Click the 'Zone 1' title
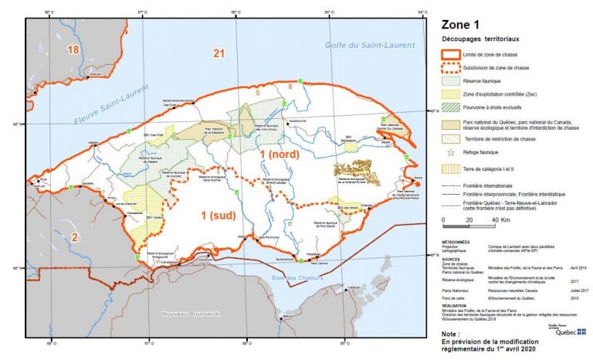pos(463,24)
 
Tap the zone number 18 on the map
pos(73,50)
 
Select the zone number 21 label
pos(219,53)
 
